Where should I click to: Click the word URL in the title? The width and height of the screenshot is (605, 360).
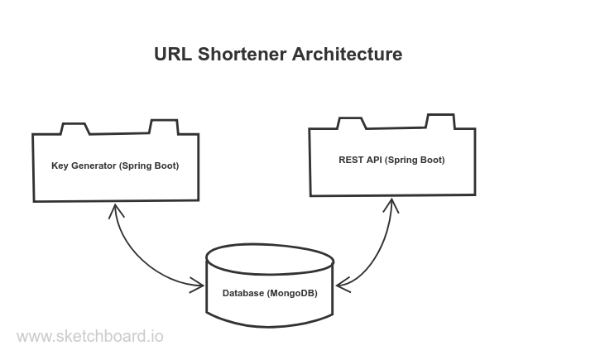tap(173, 55)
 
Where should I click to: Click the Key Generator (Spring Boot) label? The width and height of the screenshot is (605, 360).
tap(115, 167)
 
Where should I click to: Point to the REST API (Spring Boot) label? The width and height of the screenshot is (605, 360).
tap(391, 160)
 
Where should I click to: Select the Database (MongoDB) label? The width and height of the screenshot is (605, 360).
tap(270, 295)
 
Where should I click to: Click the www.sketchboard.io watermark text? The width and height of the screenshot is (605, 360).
tap(90, 336)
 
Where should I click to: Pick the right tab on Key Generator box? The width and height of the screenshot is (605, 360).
tap(161, 127)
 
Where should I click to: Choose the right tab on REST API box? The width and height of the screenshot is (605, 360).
tap(437, 121)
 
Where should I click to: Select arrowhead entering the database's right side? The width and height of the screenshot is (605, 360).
tap(341, 286)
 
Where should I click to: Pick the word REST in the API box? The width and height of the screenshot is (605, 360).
tap(348, 160)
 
